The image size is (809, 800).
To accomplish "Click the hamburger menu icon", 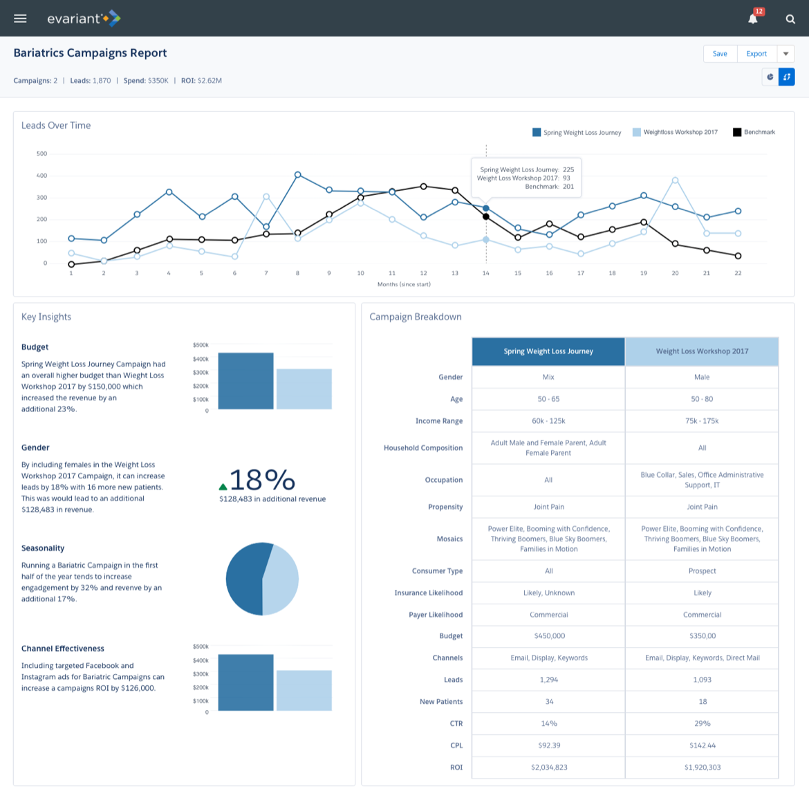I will [x=20, y=19].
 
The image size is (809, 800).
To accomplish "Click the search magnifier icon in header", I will [x=790, y=19].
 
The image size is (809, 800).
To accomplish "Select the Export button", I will [x=756, y=54].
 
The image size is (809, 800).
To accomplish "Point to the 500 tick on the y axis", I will [x=41, y=154].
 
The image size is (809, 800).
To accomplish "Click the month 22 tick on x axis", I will [x=738, y=273].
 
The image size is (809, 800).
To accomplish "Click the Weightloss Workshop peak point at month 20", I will [x=675, y=180].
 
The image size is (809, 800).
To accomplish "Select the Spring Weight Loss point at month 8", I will [x=298, y=175].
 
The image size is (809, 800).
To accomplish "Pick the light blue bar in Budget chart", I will [x=304, y=389].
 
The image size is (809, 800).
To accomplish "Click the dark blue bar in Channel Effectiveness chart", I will [x=245, y=682].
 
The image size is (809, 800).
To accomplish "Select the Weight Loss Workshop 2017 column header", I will [x=702, y=351].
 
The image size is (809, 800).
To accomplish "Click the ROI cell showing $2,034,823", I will [x=549, y=768].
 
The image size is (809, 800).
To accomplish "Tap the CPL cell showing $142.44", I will [x=702, y=745].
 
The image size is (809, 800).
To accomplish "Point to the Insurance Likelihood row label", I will [x=428, y=593].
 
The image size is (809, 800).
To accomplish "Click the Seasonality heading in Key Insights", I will [x=43, y=548].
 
